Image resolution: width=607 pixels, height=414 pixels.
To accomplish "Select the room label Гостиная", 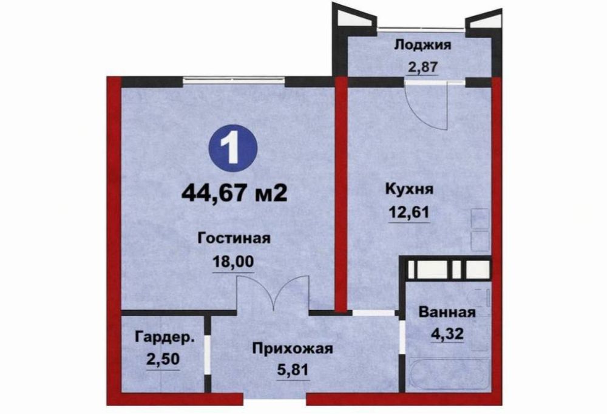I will (x=233, y=237).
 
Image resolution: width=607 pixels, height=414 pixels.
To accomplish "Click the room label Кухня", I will (x=409, y=189).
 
